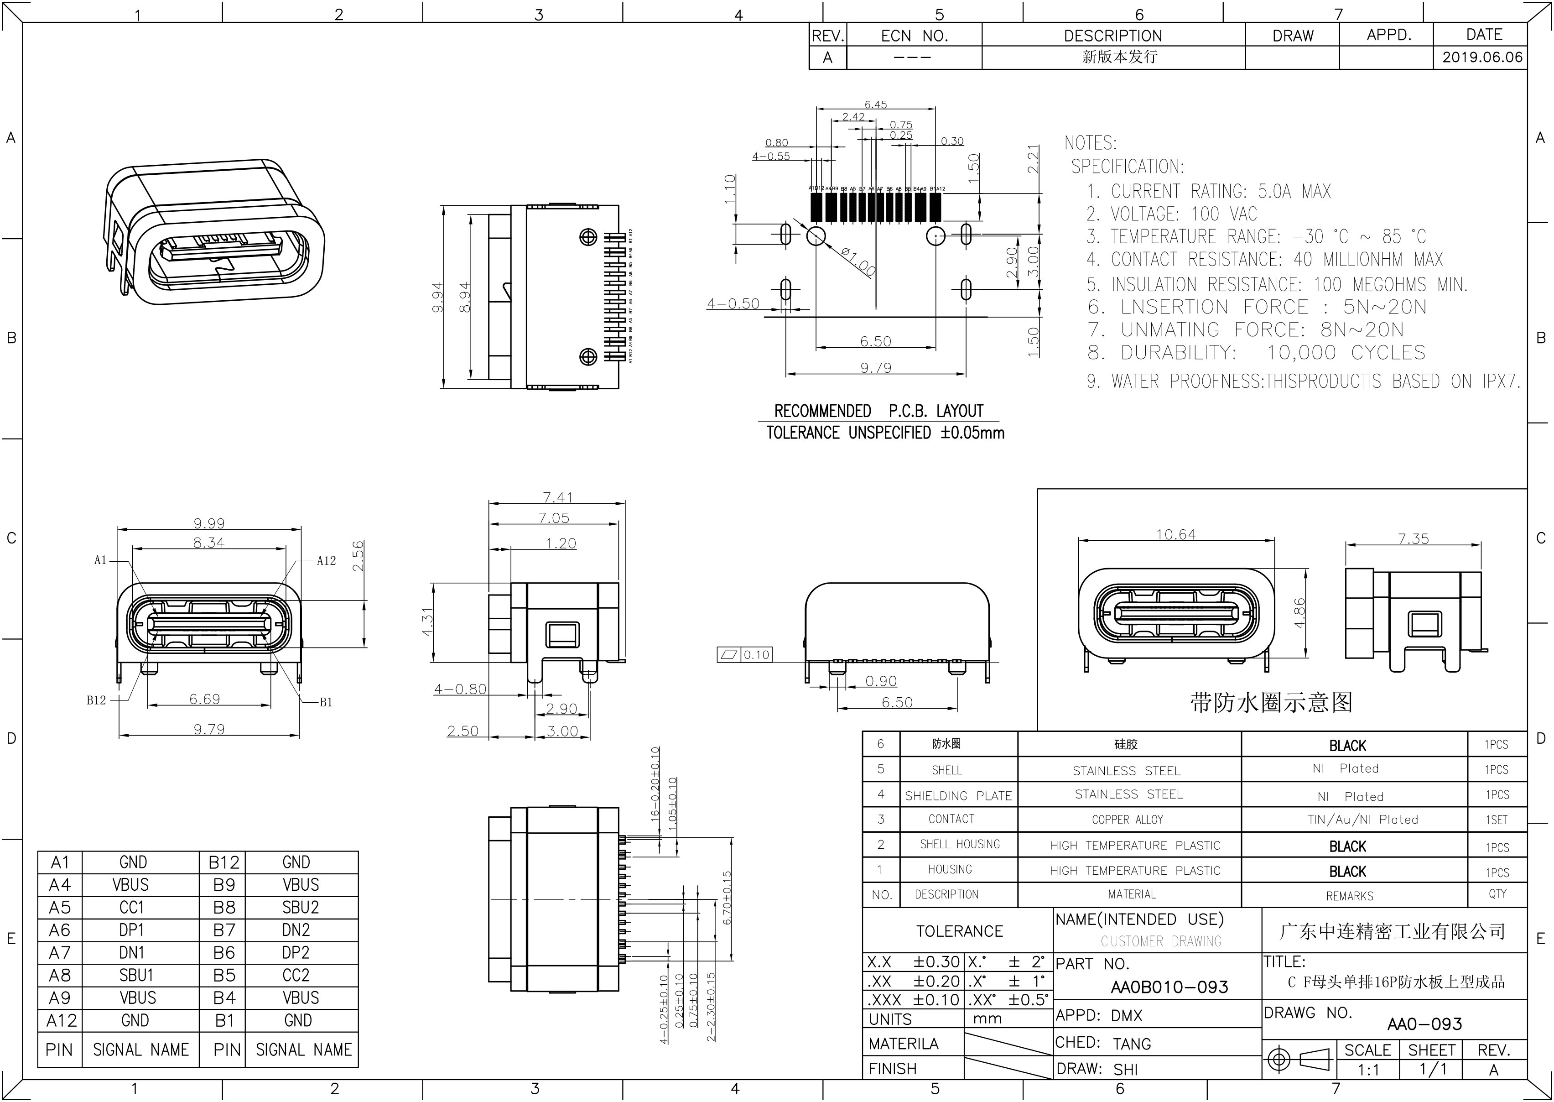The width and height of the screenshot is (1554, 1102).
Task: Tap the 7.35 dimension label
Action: tap(1413, 539)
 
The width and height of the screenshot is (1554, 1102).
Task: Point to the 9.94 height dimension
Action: tap(437, 297)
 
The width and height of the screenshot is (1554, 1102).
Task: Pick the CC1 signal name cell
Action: tap(132, 907)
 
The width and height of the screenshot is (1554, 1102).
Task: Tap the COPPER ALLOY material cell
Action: tap(1128, 820)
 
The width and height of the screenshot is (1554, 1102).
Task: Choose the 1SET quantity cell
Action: tap(1497, 820)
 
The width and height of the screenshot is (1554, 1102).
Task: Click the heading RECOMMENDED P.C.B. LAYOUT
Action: tap(878, 411)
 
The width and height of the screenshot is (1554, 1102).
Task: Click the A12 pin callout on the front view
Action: tap(326, 560)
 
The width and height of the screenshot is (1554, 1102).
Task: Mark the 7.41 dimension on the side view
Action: tap(557, 497)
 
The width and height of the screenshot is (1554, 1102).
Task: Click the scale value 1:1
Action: tap(1368, 1070)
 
